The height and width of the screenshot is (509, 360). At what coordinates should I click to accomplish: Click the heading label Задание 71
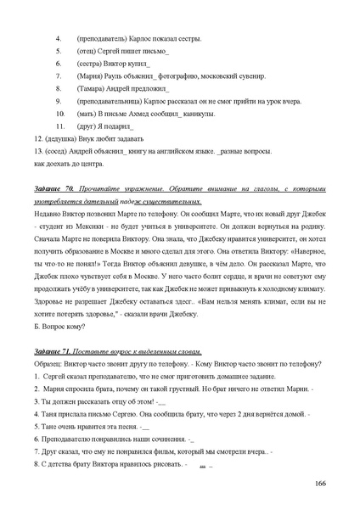click(53, 350)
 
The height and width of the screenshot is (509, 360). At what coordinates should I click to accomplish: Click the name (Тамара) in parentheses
click(93, 88)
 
